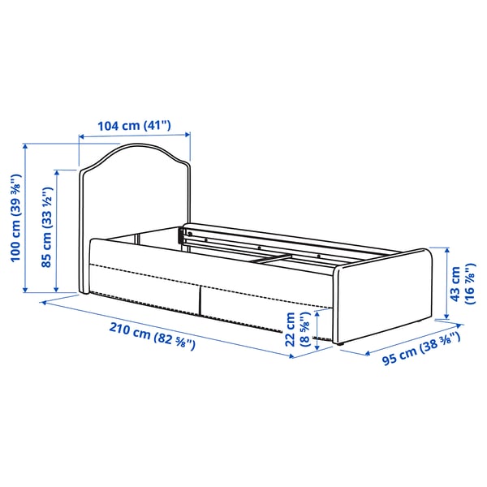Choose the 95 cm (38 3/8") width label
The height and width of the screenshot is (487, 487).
(x=420, y=351)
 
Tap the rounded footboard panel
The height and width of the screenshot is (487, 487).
(x=381, y=300)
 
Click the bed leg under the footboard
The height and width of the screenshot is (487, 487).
(x=340, y=346)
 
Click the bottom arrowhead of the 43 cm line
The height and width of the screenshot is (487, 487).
(x=446, y=318)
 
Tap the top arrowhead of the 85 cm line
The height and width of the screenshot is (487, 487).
(x=58, y=173)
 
